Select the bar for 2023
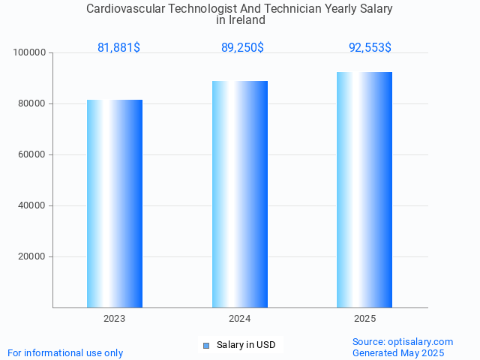click(115, 203)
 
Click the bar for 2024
click(240, 194)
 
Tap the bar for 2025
click(364, 190)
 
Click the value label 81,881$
click(118, 48)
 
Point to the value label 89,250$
click(242, 48)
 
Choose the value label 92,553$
click(370, 48)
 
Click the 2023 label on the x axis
click(115, 319)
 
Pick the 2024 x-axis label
click(240, 319)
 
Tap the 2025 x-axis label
click(364, 319)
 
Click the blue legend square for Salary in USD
click(206, 345)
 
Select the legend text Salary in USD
click(246, 345)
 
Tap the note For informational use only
click(65, 352)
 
